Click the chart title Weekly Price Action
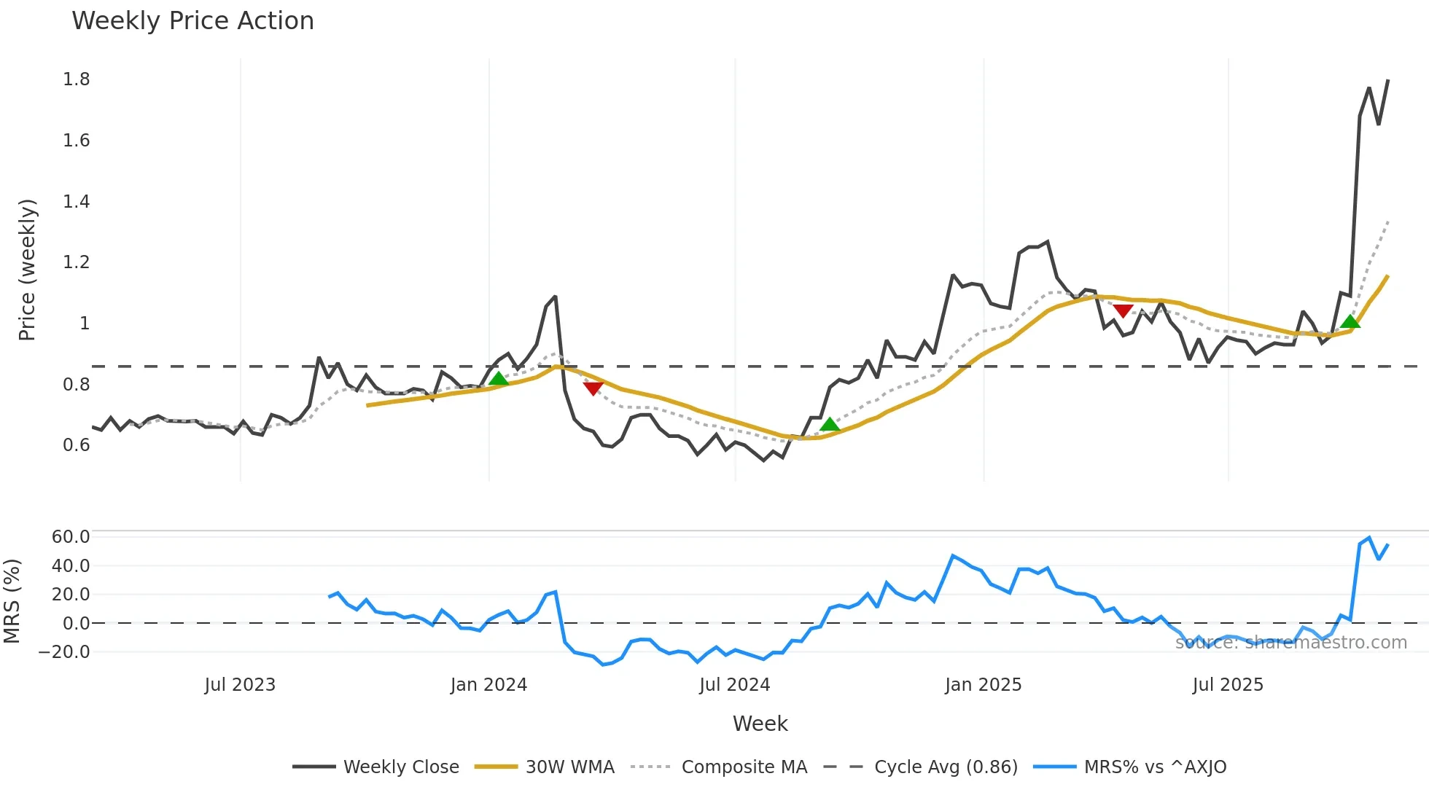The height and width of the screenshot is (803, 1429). point(192,21)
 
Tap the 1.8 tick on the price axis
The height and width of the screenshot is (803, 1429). point(76,79)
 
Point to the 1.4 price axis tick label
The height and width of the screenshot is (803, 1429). point(76,201)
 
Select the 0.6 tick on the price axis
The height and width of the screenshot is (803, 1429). point(76,444)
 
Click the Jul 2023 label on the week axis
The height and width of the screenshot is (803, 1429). point(240,685)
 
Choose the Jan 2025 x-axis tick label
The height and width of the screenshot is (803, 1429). point(983,685)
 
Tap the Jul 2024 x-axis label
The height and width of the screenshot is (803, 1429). point(734,685)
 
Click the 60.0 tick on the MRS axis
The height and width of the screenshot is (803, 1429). point(70,537)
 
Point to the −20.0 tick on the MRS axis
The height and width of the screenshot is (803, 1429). point(64,651)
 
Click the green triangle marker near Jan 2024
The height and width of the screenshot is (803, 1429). point(499,379)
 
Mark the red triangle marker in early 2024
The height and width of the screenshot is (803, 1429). point(593,388)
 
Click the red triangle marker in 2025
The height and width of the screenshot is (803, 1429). point(1123,311)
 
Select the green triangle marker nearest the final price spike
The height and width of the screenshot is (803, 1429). point(1350,322)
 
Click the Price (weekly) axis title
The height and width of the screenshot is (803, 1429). point(27,270)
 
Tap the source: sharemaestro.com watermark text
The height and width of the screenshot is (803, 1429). point(1290,643)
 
